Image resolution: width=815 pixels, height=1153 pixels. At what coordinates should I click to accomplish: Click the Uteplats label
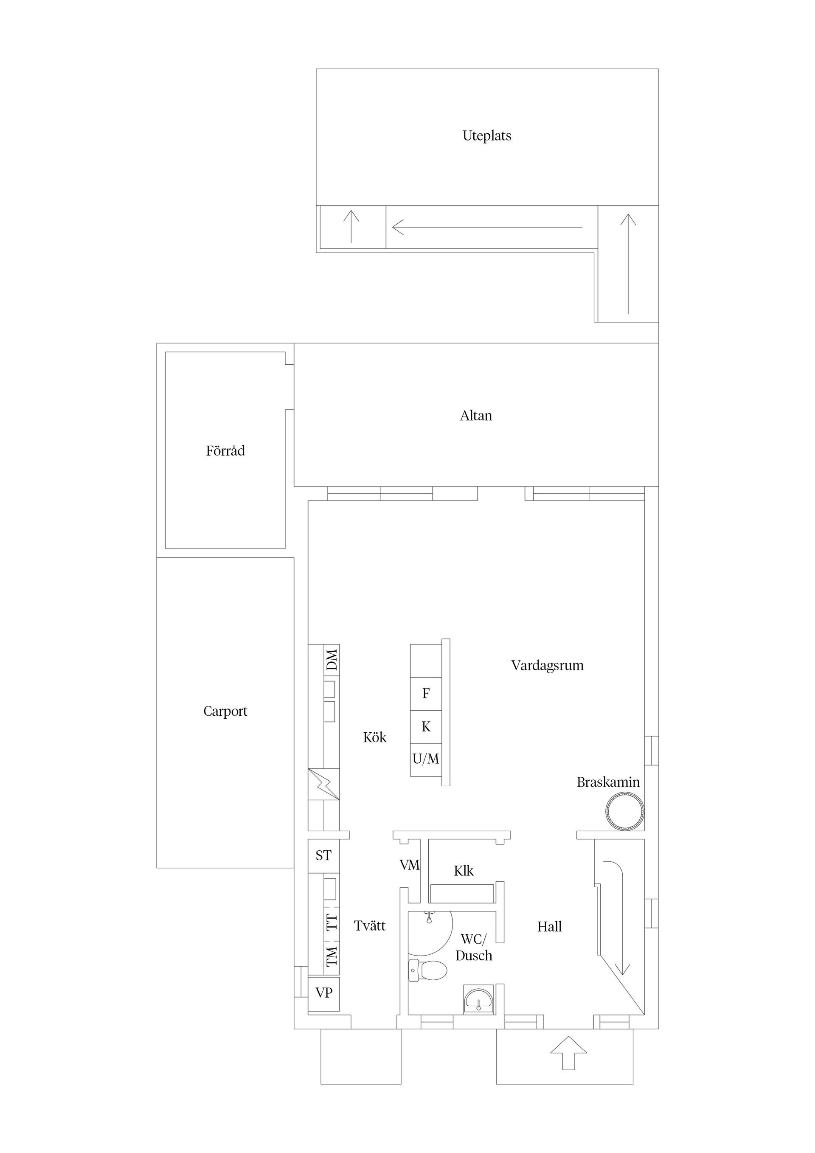coord(486,135)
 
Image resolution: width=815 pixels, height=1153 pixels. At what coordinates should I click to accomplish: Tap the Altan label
coord(475,416)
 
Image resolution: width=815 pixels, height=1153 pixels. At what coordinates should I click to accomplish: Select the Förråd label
coord(225,451)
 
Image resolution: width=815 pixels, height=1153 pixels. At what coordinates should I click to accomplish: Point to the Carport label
coord(225,711)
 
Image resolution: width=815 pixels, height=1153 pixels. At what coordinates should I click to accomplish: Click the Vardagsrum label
coord(547,666)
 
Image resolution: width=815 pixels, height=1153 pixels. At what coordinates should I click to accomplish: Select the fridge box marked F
coord(426,694)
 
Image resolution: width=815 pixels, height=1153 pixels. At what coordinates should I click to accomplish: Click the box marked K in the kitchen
coord(426,727)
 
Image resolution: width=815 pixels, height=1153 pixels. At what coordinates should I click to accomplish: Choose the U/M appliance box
coord(426,760)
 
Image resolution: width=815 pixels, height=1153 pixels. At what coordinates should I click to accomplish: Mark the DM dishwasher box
coord(332,660)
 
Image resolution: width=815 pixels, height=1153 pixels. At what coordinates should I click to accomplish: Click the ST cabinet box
coord(323,855)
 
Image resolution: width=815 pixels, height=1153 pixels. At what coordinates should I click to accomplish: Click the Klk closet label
coord(464,871)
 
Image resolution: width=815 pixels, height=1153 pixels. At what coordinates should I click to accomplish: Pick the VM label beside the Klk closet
coord(409,865)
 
